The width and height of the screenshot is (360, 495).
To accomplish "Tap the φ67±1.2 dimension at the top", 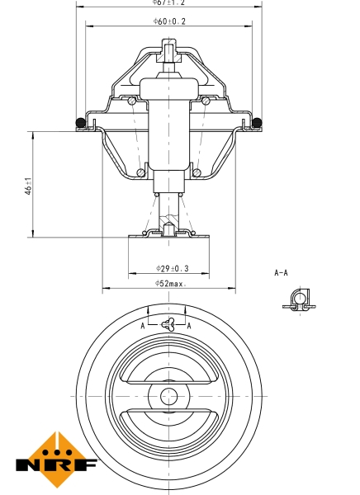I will (170, 2).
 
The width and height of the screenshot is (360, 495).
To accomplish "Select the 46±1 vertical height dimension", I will (29, 187).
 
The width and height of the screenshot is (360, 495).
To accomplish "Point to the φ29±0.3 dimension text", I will (171, 268).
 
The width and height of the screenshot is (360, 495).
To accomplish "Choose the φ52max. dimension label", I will (171, 284).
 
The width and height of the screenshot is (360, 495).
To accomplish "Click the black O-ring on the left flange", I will (80, 124).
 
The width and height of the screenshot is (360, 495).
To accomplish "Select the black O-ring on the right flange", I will (258, 124).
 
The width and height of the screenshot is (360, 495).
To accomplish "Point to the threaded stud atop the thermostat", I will (169, 56).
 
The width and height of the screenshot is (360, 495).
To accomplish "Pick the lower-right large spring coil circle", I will (197, 173).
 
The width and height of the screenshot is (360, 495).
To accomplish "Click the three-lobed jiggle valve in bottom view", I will (168, 325).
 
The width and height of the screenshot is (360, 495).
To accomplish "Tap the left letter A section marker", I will (142, 326).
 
